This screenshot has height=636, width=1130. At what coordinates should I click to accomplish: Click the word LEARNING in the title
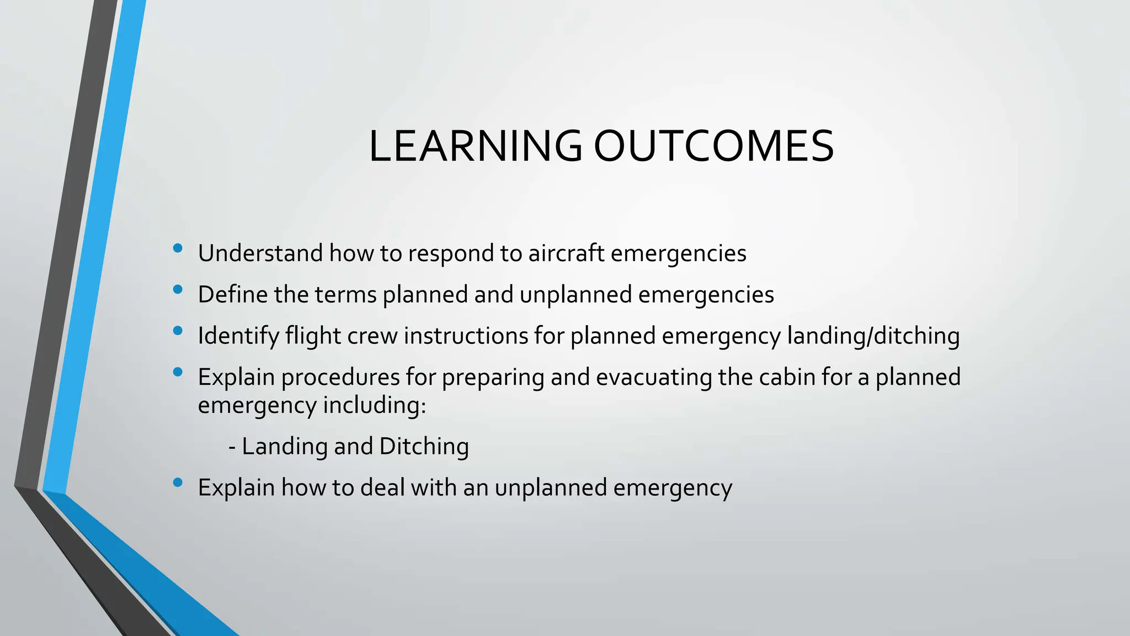(475, 146)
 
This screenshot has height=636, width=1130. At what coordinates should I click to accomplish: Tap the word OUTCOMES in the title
(713, 146)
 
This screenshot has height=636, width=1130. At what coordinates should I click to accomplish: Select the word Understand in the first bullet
(260, 253)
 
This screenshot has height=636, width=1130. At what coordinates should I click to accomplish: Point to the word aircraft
(566, 253)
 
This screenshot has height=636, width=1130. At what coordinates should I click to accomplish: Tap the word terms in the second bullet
(345, 295)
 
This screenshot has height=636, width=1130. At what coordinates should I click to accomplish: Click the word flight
(313, 336)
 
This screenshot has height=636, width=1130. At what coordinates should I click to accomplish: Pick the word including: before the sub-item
(375, 405)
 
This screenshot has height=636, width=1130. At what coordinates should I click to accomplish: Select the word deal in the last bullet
(382, 487)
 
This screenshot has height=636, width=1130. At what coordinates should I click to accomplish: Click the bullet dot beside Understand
(177, 248)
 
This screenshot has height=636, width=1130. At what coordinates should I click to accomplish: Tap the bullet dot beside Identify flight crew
(177, 331)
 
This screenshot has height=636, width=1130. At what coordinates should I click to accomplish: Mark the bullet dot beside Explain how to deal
(177, 483)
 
